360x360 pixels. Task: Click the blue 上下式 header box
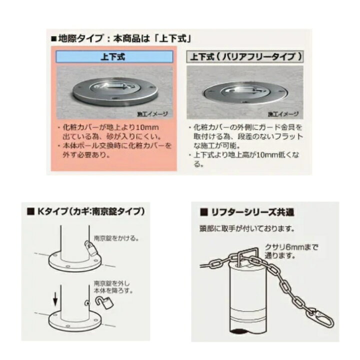114,56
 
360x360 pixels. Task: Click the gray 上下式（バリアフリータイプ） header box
245,56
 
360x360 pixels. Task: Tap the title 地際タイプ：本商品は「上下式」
121,38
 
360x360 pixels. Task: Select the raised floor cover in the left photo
115,91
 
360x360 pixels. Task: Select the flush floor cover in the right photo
245,92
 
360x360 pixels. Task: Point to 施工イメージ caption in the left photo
152,113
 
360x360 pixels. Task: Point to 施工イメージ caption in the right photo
283,114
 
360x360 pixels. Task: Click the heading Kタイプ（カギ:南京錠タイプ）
86,211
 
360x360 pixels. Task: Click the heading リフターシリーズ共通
247,212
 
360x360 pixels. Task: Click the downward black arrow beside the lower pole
55,299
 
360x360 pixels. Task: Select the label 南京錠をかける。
116,238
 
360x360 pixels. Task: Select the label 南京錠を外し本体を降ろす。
113,287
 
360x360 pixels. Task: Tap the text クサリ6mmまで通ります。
291,251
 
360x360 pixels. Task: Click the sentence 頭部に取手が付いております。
247,228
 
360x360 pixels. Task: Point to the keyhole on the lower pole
87,303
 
